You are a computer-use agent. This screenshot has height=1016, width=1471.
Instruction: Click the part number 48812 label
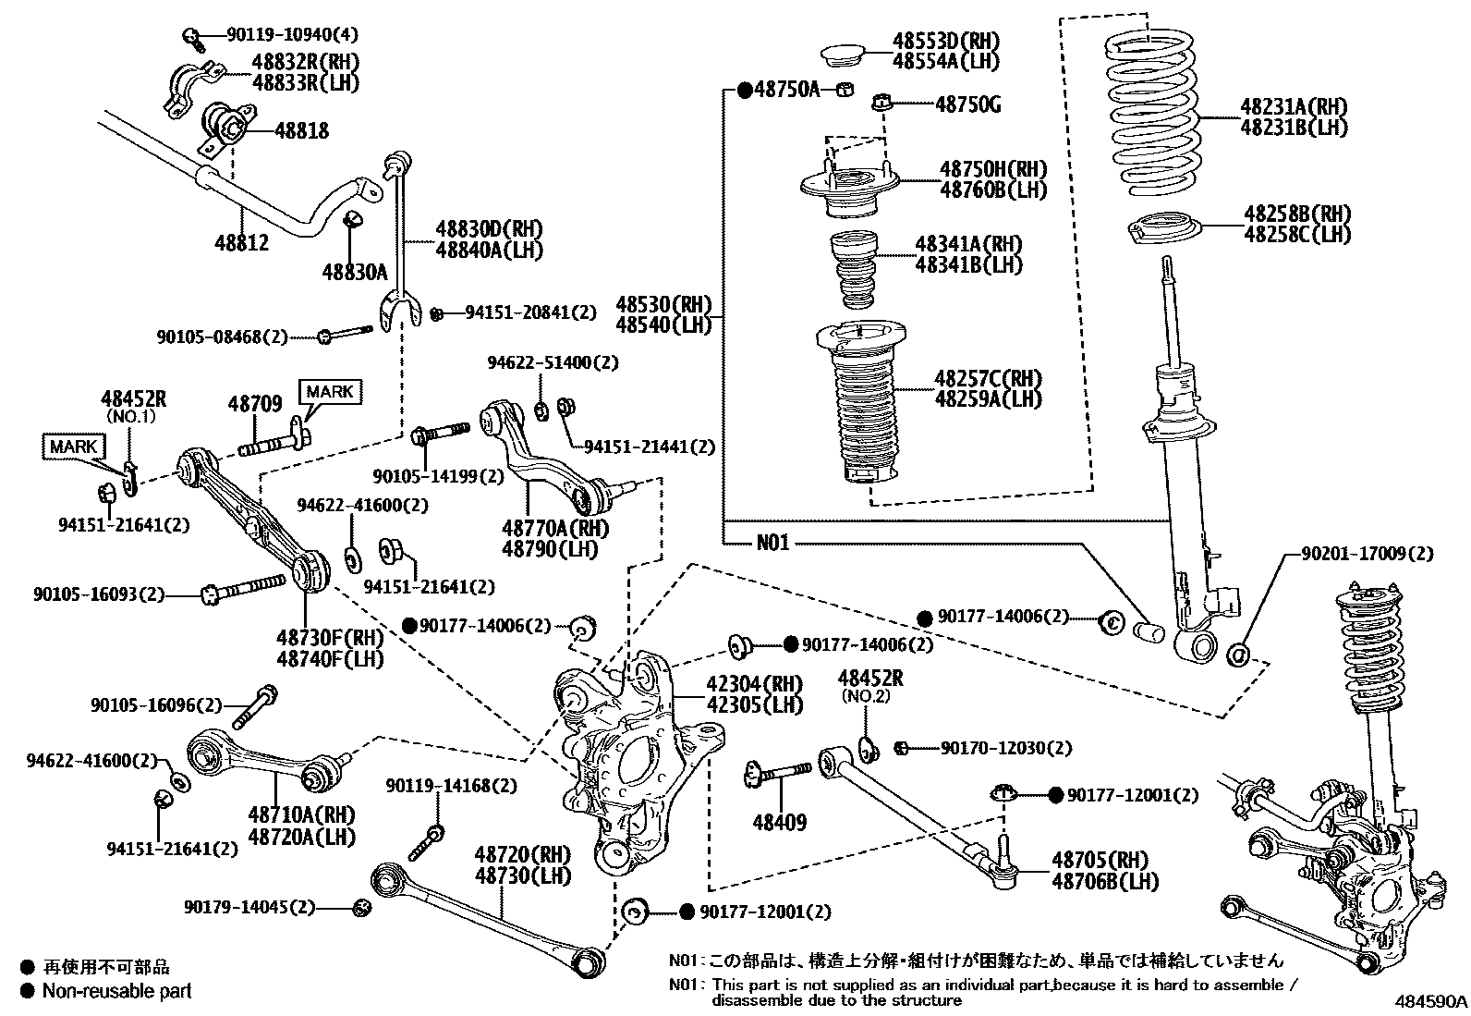pos(242,242)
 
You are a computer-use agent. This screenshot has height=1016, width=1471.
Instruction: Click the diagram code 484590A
pos(1431,1002)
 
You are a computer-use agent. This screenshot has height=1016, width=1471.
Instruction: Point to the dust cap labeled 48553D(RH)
pos(841,52)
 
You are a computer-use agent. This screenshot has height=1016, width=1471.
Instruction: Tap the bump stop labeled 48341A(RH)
pos(857,269)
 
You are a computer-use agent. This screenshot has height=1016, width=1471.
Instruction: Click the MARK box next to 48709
pos(330,391)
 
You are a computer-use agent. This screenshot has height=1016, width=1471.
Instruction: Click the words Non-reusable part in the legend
pos(118,991)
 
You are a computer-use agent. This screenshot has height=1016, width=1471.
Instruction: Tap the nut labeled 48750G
pos(882,101)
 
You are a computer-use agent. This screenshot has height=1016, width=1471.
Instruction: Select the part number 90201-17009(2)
pos(1367,554)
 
